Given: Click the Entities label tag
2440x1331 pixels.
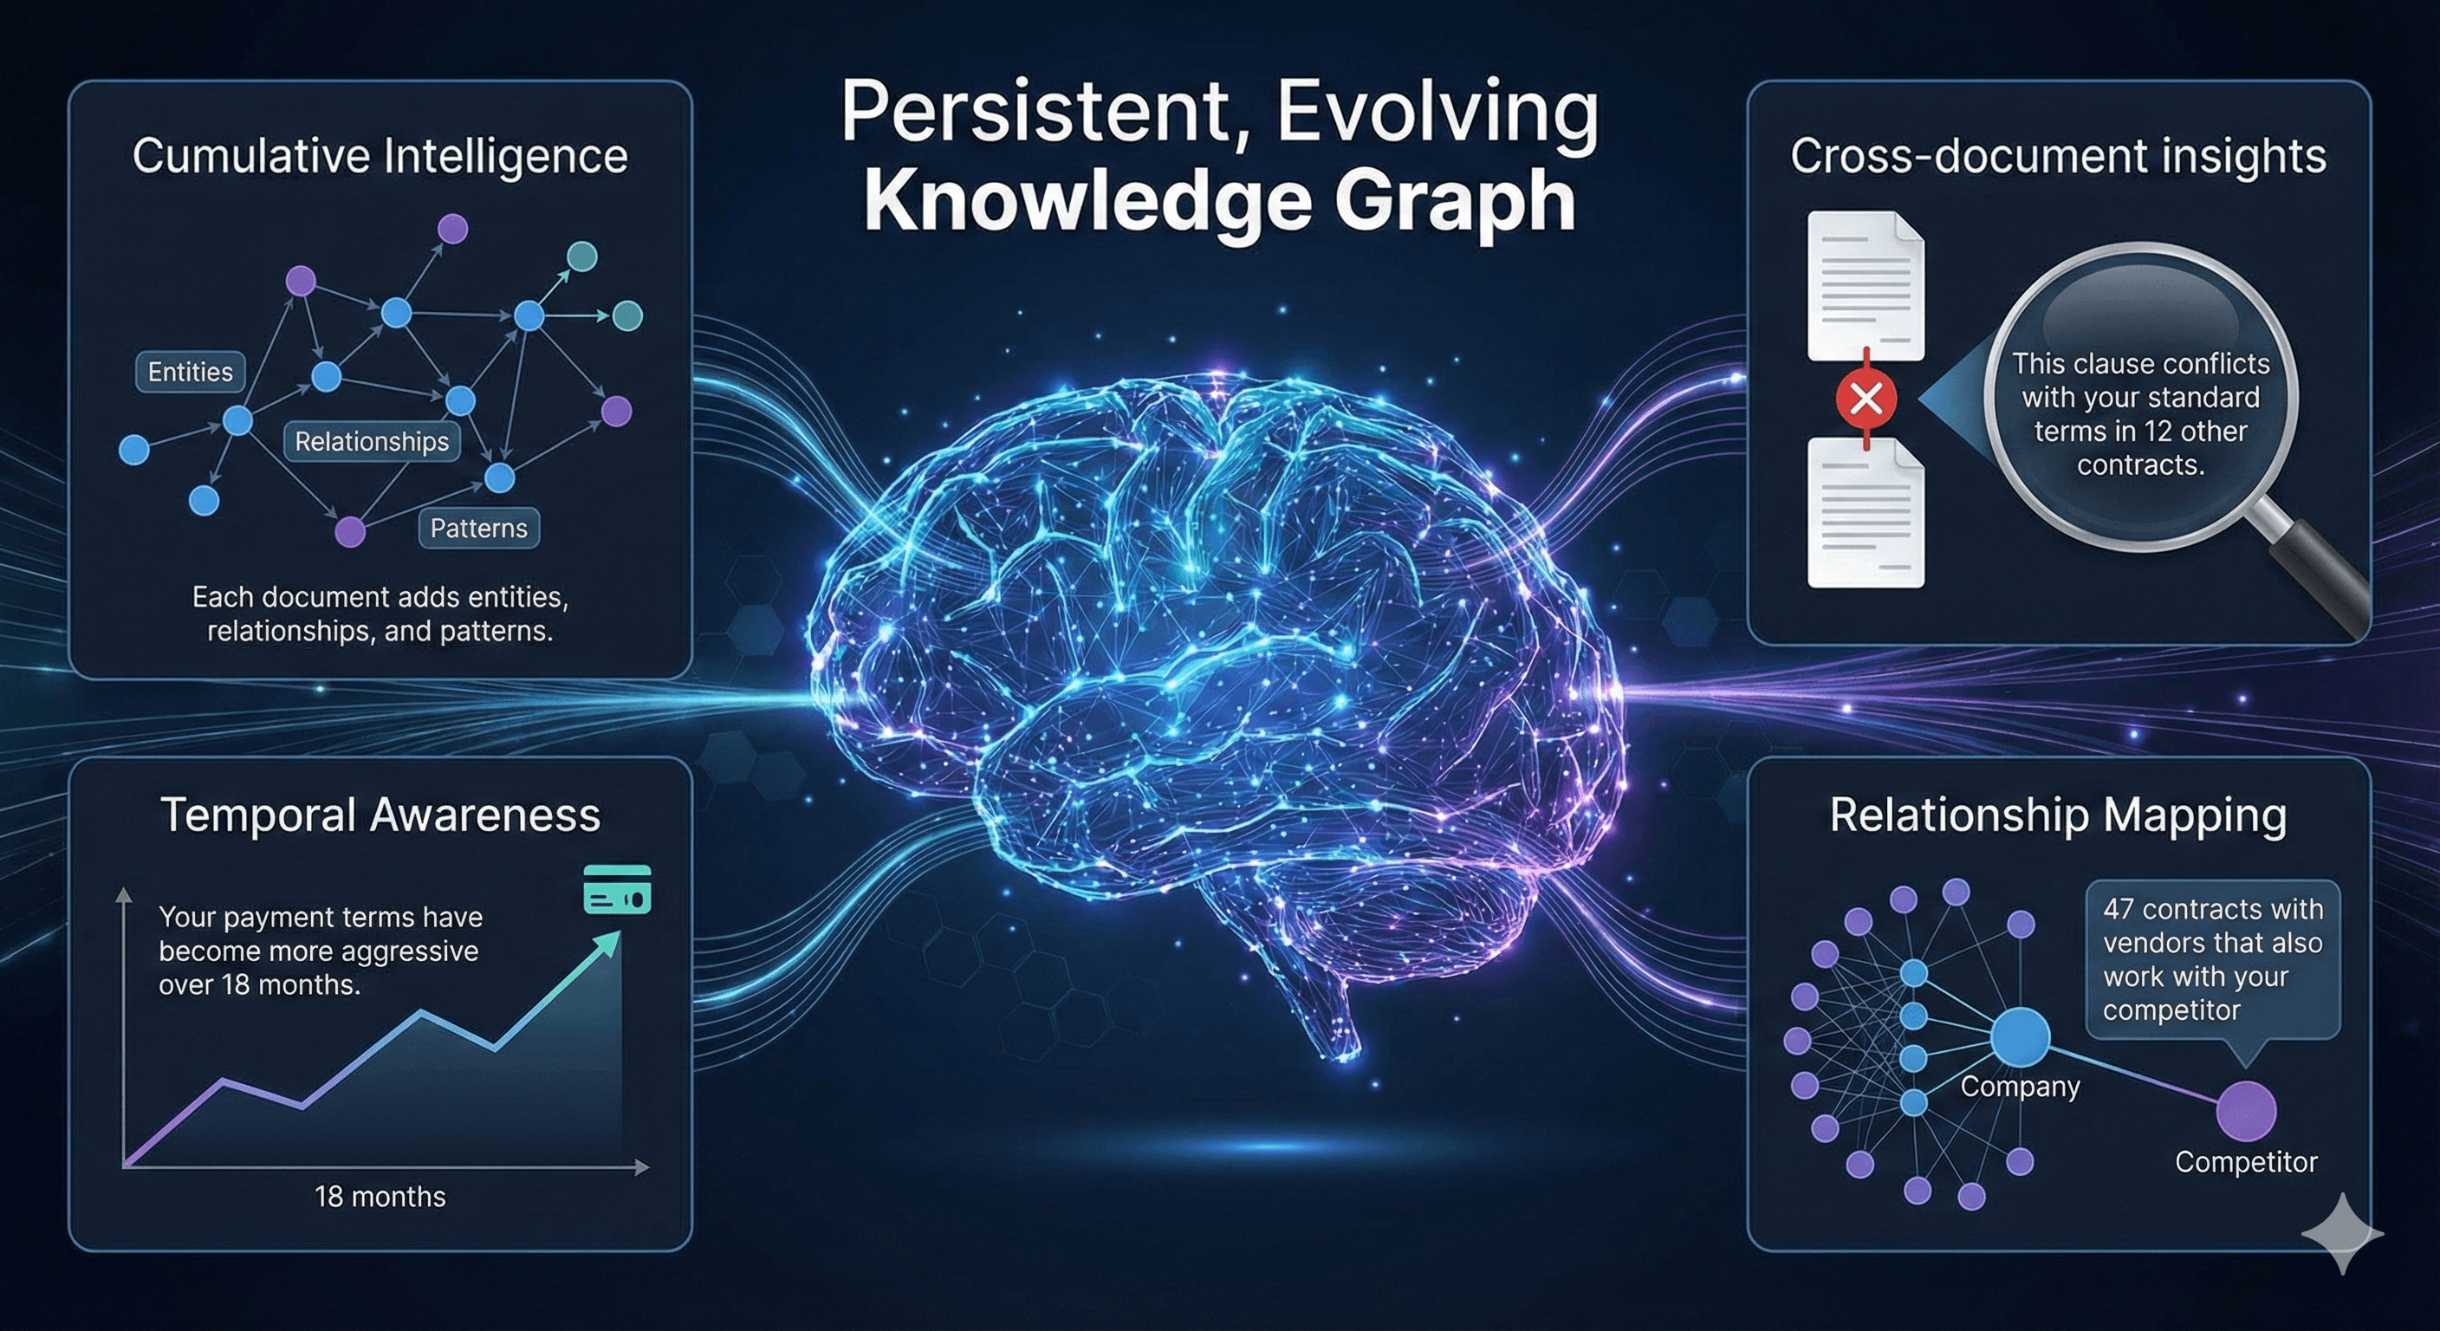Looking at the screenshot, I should point(191,372).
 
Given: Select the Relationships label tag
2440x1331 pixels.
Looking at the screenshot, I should point(372,441).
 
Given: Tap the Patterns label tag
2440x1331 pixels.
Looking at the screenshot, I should point(478,528).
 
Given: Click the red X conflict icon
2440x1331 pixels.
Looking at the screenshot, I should point(1866,399).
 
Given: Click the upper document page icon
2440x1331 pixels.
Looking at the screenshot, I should point(1865,285).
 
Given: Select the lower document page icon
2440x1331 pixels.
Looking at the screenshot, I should point(1865,515).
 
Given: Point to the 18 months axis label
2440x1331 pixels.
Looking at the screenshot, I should point(380,1197).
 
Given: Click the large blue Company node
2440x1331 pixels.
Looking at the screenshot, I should point(2020,1037).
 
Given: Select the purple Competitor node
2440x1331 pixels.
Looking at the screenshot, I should point(2246,1111).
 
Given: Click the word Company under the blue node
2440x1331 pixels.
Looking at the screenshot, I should point(2020,1087).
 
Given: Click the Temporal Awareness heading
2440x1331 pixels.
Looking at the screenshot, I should point(380,815).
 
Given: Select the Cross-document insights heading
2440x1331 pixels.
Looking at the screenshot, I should point(2057,156).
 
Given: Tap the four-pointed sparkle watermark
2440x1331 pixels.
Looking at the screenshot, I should point(2341,1232).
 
